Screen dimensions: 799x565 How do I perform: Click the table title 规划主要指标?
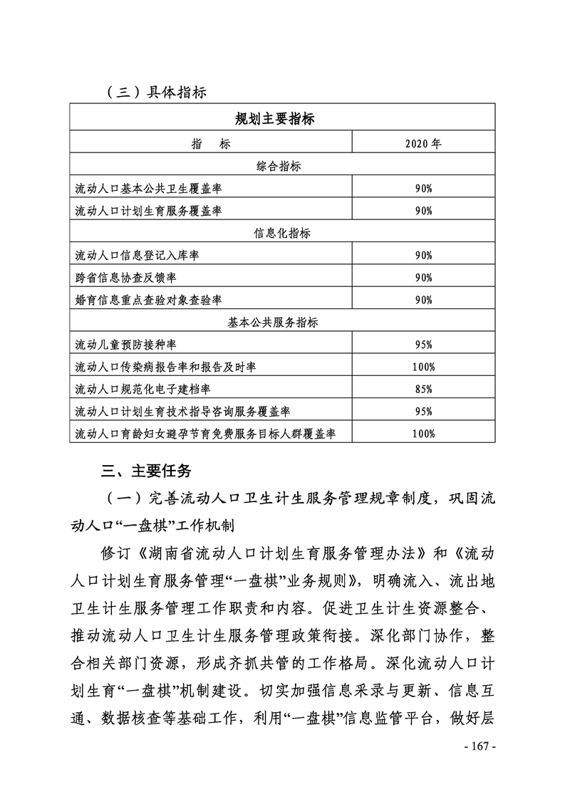tap(274, 119)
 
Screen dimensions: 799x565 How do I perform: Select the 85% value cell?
tap(423, 389)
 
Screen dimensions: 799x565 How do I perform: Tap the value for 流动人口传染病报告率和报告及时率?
tap(423, 367)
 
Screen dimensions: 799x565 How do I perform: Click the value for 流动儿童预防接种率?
tap(423, 345)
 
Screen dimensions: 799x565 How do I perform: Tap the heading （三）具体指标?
tap(155, 92)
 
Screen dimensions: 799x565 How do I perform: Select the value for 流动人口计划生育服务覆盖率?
tap(423, 210)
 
